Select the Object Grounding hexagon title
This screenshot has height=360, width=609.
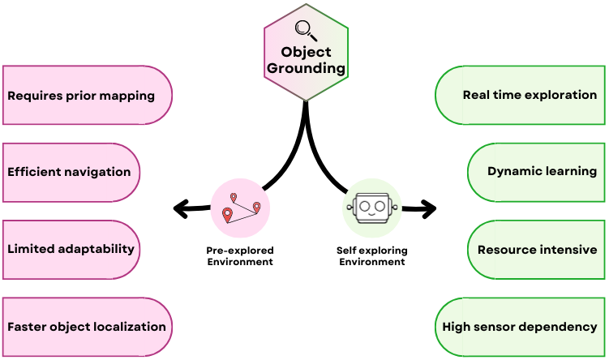tap(307, 60)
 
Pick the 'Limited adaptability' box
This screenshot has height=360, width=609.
tap(71, 248)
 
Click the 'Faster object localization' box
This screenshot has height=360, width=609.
tap(87, 327)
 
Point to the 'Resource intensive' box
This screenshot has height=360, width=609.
tap(538, 250)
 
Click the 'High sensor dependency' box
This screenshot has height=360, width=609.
tap(520, 327)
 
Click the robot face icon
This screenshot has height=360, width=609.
tap(372, 208)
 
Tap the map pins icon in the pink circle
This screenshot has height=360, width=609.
tap(240, 208)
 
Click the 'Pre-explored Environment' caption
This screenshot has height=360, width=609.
tap(239, 256)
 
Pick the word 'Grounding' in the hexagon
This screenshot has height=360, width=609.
tap(307, 69)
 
